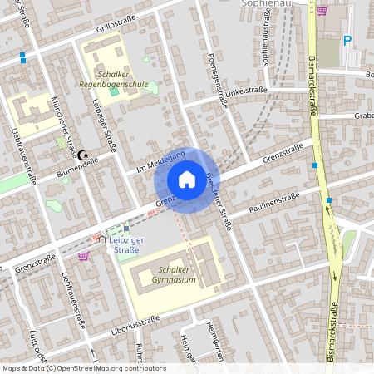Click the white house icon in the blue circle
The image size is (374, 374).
(187, 179)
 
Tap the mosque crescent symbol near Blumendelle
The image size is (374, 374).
(82, 155)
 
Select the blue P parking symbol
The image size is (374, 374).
(348, 40)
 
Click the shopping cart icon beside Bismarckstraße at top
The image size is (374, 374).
(322, 11)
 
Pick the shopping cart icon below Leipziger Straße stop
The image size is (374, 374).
(83, 256)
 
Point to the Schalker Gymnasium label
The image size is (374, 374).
(166, 275)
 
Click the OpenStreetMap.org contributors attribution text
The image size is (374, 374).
(107, 367)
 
